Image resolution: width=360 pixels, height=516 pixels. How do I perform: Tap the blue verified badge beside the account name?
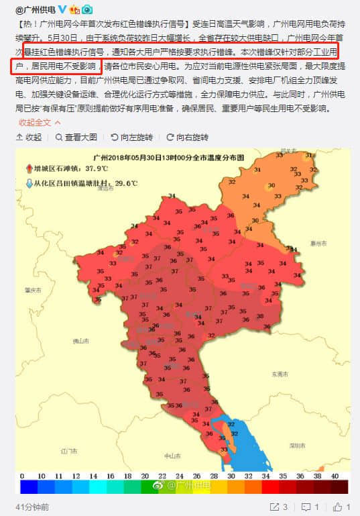pos(62,9)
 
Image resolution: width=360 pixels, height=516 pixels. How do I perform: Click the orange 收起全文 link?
pos(35,122)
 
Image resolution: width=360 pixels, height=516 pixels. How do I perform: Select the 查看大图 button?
pos(76,137)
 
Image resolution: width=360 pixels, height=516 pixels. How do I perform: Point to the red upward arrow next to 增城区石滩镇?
pos(28,168)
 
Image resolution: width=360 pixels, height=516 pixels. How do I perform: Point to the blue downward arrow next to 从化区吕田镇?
pos(28,183)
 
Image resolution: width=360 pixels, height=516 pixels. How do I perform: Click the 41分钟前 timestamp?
pos(32,506)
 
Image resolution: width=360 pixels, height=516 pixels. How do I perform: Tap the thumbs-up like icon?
pos(337,506)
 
